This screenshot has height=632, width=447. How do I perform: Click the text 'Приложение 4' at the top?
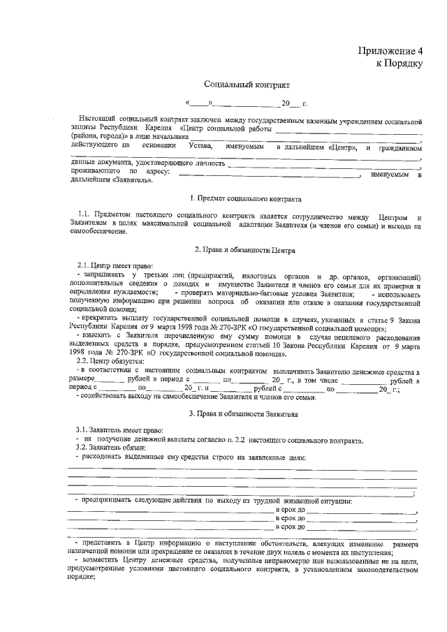pos(391,51)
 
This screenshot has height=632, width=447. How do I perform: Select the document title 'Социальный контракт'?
pos(237,84)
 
